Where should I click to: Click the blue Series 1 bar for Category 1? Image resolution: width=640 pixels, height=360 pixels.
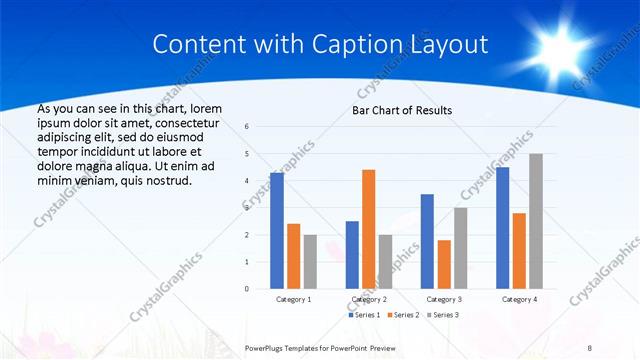(277, 231)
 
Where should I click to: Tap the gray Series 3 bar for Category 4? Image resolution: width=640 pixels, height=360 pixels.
(536, 221)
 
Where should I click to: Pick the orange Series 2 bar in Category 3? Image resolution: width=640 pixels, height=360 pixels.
(443, 264)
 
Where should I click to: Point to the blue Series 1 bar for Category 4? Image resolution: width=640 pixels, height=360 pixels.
(502, 228)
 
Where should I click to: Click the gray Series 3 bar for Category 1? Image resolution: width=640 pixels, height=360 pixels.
(310, 262)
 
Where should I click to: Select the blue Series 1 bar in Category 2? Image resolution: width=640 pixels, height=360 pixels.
(352, 255)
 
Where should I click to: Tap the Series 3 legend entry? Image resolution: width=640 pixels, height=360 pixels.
(445, 315)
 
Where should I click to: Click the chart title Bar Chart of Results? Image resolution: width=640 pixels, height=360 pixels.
(402, 110)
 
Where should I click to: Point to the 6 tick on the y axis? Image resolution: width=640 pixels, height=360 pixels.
(247, 127)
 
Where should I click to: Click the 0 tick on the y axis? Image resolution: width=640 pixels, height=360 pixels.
(247, 289)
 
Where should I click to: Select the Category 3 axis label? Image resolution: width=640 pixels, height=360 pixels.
(443, 299)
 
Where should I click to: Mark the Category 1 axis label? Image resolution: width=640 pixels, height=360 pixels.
(293, 299)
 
